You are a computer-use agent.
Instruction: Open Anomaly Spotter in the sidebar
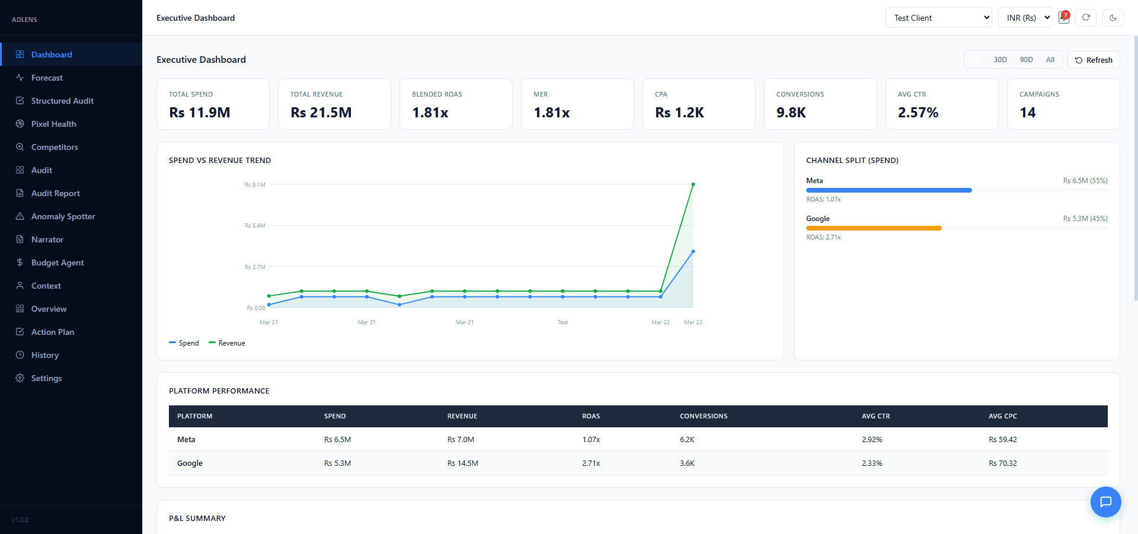(63, 216)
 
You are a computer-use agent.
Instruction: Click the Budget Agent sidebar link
(57, 263)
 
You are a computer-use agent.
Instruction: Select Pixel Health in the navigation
(53, 124)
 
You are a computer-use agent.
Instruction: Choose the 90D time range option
(1026, 60)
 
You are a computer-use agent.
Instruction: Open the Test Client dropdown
(938, 18)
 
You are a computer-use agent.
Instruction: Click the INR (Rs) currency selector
(1025, 18)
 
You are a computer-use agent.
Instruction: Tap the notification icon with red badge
(1064, 17)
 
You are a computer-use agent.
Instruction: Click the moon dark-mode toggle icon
(1113, 18)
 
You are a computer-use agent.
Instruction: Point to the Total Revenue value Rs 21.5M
(321, 113)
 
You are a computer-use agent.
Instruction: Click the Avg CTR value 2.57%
(918, 113)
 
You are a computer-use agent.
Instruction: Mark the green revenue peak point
(693, 184)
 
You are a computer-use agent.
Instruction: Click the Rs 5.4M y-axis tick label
(255, 226)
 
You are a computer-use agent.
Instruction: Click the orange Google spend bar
(874, 228)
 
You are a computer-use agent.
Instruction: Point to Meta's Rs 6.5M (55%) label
(1085, 181)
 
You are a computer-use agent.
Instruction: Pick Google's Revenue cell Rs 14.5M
(462, 463)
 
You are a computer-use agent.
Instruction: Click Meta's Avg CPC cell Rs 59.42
(1002, 440)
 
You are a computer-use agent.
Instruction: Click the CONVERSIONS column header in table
(703, 416)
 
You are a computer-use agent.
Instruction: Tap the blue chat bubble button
(1105, 502)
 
